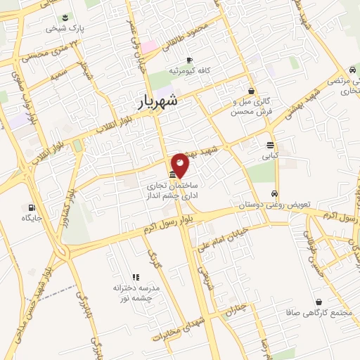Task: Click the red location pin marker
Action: tap(180, 165)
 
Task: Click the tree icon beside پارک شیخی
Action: tap(65, 18)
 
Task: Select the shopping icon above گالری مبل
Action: tap(251, 91)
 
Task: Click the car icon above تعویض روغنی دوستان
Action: tap(275, 193)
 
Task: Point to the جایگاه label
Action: tap(32, 219)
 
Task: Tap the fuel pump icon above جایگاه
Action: tap(32, 207)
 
